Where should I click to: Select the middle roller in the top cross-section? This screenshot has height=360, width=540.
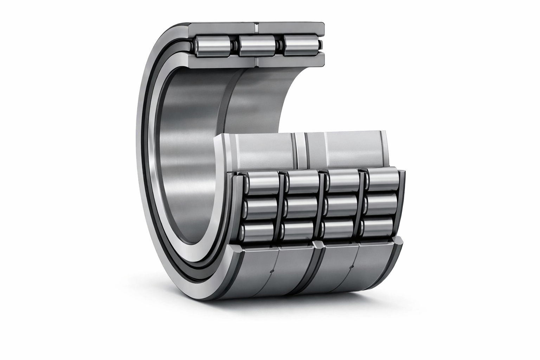tap(257, 46)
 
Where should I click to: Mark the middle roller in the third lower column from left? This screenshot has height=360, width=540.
tap(339, 207)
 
